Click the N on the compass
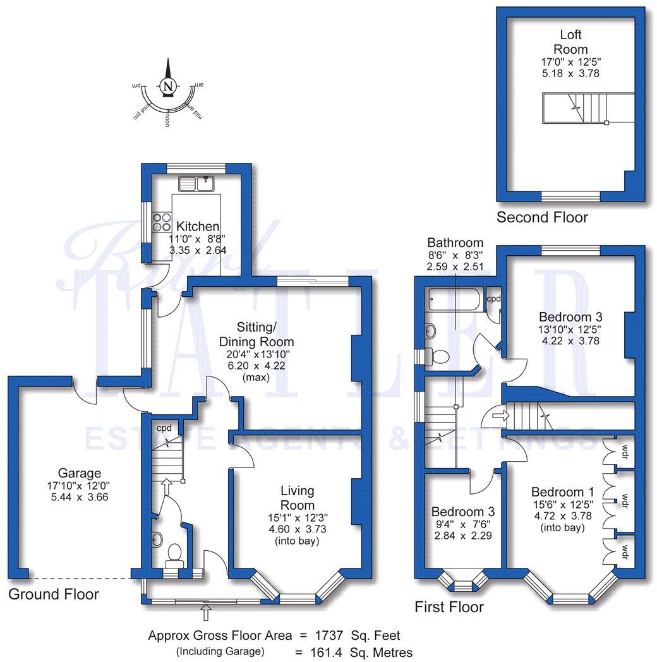167,87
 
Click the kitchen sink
198,184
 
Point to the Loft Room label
570,42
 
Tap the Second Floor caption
542,218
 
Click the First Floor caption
449,607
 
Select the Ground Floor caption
54,594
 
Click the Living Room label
297,498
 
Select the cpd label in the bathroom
493,299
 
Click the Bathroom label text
455,243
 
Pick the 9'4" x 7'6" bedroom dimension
462,523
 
